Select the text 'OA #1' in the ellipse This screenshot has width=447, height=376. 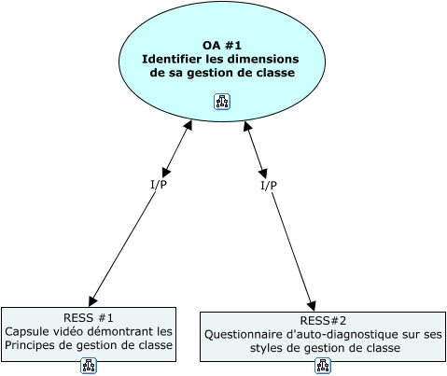[x=222, y=45]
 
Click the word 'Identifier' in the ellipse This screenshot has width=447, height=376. [x=171, y=59]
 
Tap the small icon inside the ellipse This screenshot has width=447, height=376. [x=222, y=101]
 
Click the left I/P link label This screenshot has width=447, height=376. [x=159, y=184]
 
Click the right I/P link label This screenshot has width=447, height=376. [x=268, y=186]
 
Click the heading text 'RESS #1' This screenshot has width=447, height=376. [x=89, y=317]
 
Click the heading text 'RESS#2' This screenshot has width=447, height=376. [x=323, y=321]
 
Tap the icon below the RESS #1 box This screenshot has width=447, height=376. [x=89, y=367]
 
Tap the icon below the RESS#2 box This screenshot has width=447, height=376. [x=323, y=367]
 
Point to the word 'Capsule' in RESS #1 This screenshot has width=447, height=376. [x=27, y=331]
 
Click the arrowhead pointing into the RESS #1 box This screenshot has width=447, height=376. [x=92, y=300]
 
